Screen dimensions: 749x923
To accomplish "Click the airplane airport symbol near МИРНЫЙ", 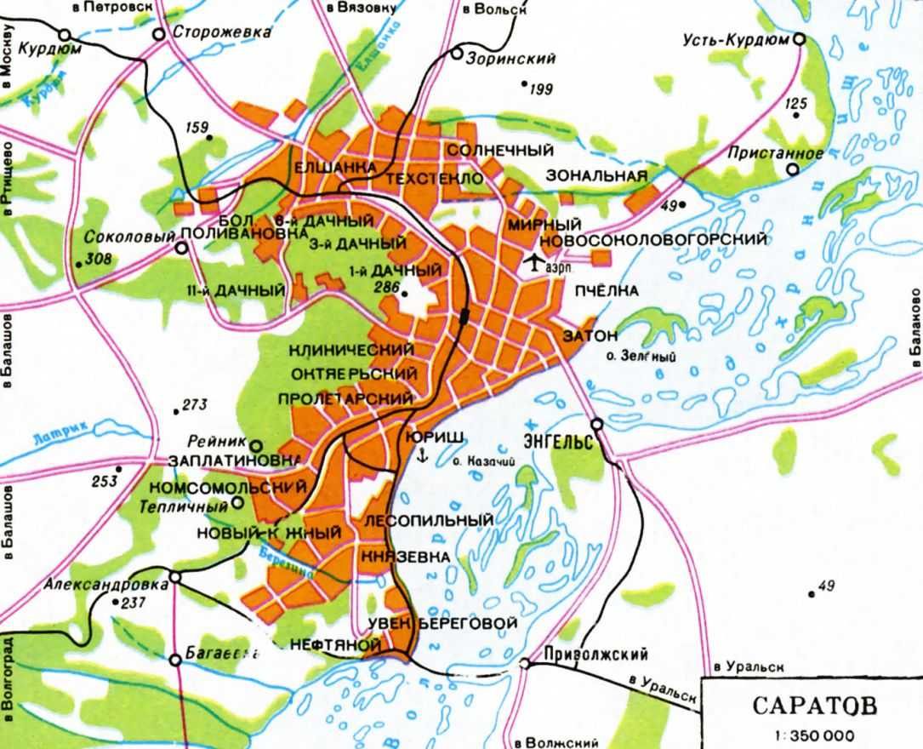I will click(533, 263).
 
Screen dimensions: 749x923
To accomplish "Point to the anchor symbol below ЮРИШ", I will click(420, 457).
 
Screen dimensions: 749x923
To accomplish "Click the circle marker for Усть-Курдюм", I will click(799, 39).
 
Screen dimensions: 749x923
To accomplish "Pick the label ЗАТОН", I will click(590, 335).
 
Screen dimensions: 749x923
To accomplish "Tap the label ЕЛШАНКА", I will click(334, 168).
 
